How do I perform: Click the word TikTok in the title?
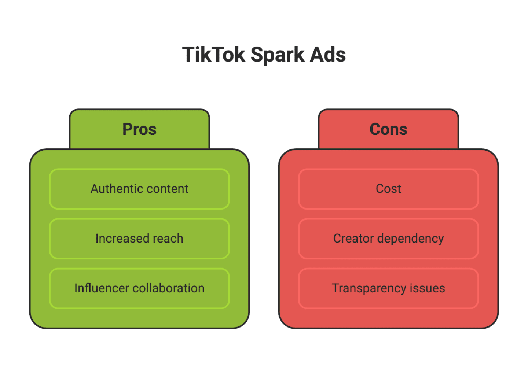click(214, 55)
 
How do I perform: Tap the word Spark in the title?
click(278, 55)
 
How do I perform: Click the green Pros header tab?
click(139, 129)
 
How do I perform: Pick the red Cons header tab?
click(388, 129)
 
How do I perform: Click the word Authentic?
click(114, 189)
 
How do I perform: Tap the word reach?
click(168, 239)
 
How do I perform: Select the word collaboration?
click(168, 288)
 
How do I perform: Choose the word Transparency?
click(369, 288)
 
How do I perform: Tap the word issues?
click(428, 288)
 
